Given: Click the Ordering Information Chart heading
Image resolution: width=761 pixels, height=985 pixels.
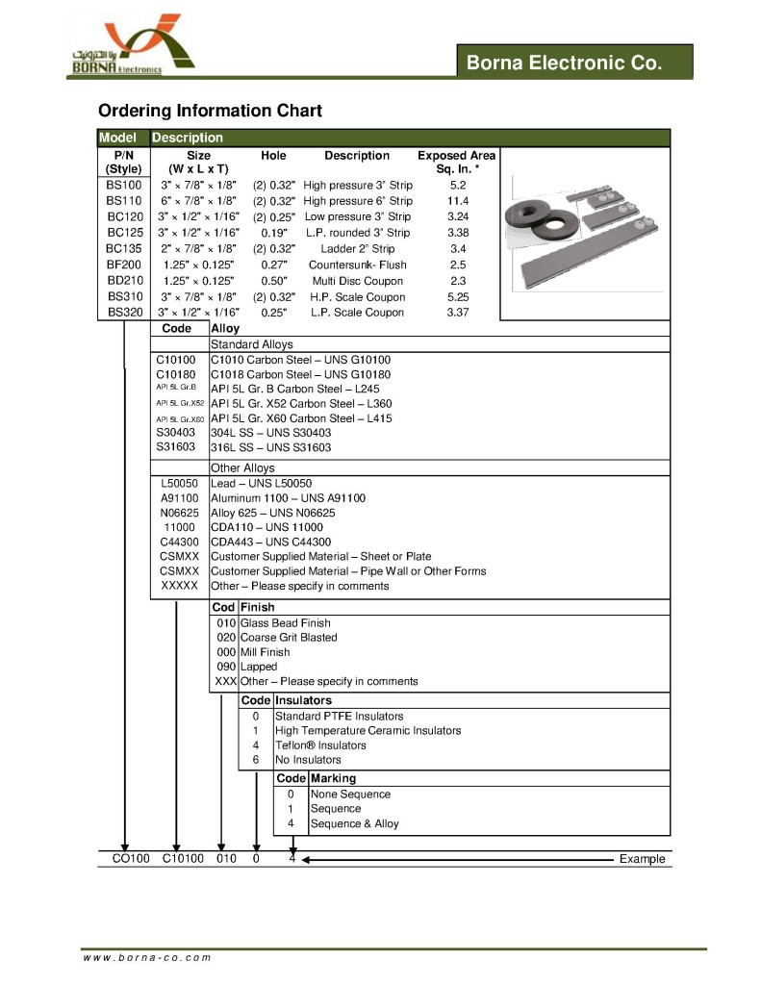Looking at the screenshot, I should (210, 111).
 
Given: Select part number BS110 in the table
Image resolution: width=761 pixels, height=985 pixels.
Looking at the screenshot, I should (124, 201).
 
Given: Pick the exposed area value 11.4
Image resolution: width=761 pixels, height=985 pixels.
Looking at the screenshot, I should (458, 201).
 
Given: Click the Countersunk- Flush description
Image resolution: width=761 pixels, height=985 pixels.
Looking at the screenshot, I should (357, 265).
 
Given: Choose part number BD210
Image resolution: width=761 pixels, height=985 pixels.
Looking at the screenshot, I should (124, 281).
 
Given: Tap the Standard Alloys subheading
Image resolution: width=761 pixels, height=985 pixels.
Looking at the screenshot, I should (252, 344).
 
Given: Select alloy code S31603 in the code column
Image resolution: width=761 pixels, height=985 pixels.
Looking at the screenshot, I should (176, 447).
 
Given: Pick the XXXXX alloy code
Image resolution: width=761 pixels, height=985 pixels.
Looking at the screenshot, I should (179, 586).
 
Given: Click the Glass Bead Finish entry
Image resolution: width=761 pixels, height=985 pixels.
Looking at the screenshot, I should (285, 623).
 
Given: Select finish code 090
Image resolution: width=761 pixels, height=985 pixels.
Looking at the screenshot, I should (227, 667).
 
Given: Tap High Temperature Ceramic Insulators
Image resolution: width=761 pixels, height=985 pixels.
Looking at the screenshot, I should (368, 731).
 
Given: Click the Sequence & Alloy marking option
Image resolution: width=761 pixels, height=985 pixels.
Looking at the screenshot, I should (354, 823).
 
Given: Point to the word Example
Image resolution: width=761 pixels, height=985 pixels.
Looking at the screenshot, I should (642, 859).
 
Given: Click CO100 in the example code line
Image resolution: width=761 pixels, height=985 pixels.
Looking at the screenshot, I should (124, 859).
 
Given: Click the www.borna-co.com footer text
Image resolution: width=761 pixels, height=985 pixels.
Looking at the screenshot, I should (146, 958).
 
